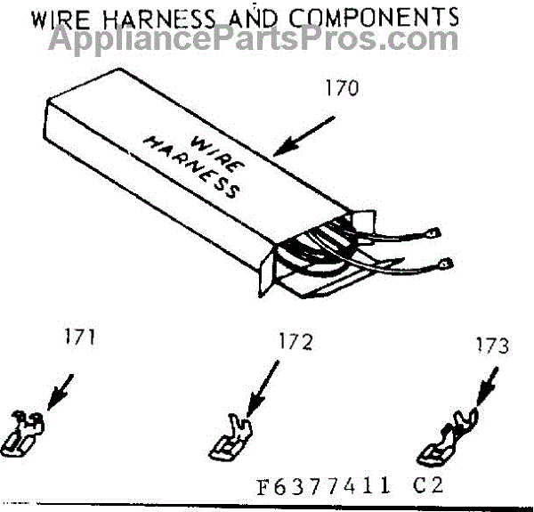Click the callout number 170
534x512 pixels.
[x=342, y=88]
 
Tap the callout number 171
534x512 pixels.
[x=80, y=337]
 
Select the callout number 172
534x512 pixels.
[x=295, y=342]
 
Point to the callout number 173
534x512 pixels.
[x=492, y=345]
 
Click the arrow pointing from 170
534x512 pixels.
[x=303, y=136]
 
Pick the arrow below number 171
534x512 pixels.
[x=60, y=392]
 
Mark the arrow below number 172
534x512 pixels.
[x=263, y=388]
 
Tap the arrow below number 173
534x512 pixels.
[x=487, y=386]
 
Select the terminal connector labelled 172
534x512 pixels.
[x=231, y=437]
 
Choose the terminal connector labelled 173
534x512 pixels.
[x=447, y=437]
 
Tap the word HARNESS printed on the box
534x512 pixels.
[x=191, y=167]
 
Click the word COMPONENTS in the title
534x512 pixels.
[x=374, y=18]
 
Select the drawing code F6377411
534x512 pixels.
[x=323, y=486]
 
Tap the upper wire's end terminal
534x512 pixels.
[x=434, y=233]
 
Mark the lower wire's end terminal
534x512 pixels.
[x=446, y=264]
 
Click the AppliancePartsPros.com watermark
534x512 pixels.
[x=254, y=40]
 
